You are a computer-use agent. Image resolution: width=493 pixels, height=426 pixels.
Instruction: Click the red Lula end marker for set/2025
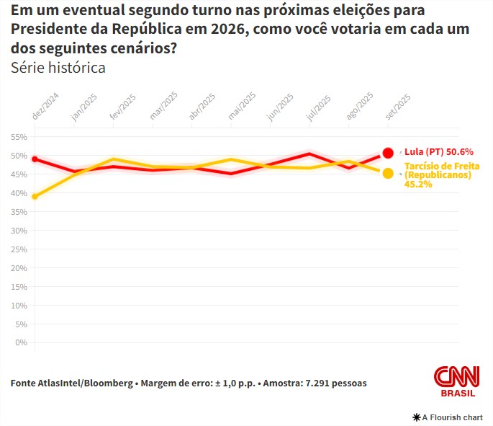pos(388,152)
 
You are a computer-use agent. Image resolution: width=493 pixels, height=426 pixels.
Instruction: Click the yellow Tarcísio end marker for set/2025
pos(388,173)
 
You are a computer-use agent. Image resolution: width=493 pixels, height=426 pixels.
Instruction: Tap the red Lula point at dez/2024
pos(35,159)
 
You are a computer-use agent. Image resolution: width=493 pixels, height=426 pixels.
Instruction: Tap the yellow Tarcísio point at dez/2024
pos(35,196)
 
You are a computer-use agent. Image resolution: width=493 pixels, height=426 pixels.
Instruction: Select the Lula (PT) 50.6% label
pos(438,152)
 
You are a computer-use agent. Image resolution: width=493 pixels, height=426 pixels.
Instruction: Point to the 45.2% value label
pos(418,185)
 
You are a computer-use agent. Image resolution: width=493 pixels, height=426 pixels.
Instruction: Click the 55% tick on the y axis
pos(19,137)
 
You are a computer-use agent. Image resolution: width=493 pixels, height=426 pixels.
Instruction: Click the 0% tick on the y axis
pos(21,342)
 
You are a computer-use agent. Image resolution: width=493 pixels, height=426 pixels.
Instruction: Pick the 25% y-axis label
pos(19,249)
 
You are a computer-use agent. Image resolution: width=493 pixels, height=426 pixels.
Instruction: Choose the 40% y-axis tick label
pos(19,193)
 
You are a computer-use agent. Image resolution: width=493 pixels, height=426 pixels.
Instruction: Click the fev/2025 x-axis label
pos(122,107)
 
